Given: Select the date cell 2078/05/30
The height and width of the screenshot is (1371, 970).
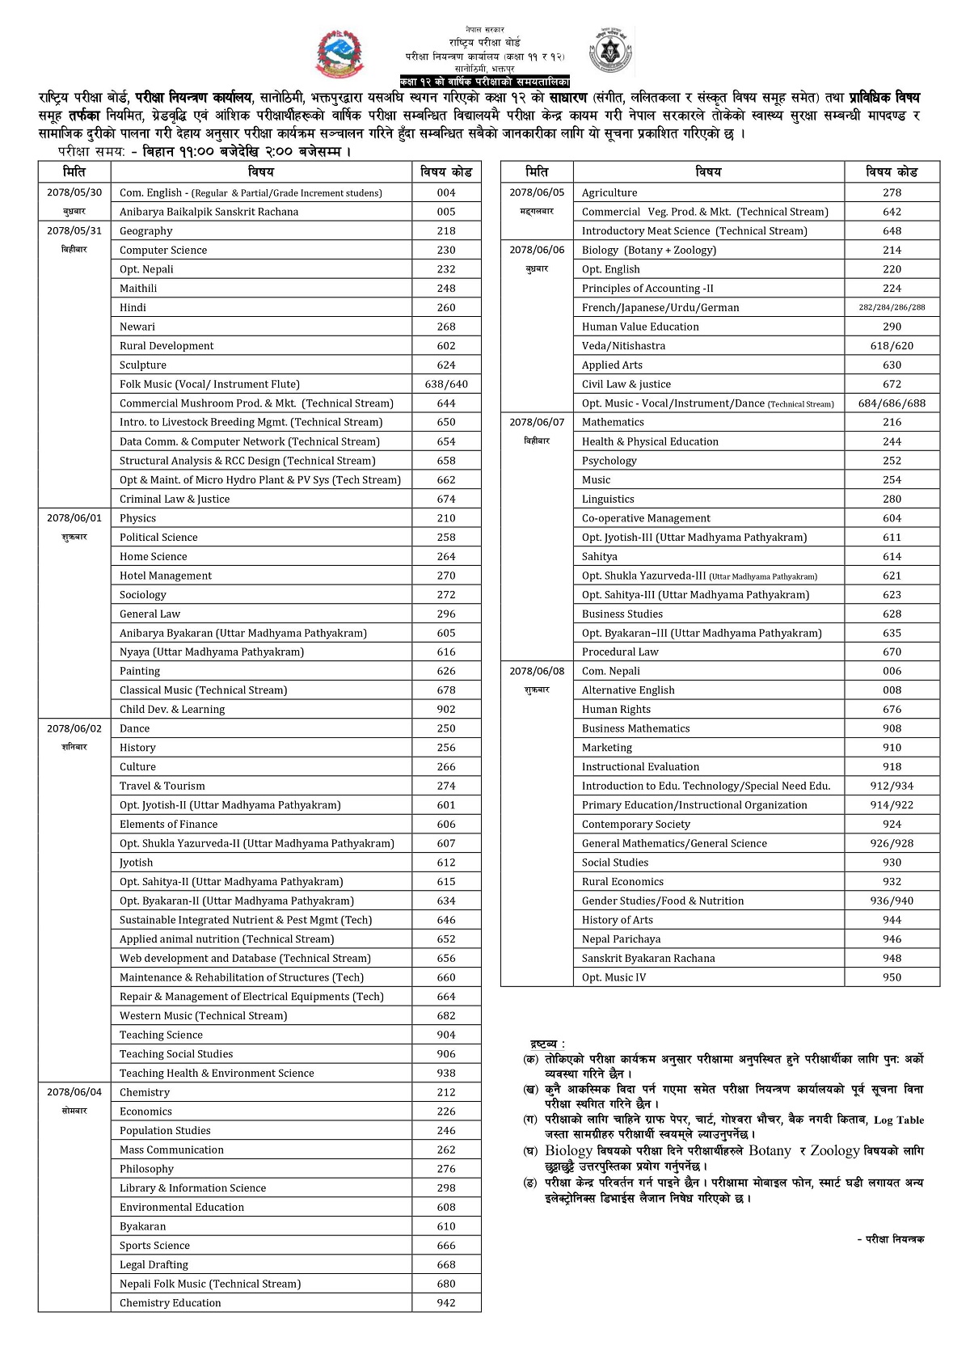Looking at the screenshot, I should [x=74, y=192].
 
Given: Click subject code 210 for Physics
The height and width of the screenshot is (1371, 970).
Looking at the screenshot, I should [x=446, y=518].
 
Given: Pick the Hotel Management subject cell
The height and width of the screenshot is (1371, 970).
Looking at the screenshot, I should [x=166, y=576].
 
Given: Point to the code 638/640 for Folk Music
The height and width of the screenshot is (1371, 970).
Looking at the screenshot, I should [x=446, y=384].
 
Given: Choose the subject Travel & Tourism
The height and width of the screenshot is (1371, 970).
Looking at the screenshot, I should [x=162, y=786].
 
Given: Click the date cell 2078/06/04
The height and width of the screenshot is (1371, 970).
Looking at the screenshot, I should [x=74, y=1092].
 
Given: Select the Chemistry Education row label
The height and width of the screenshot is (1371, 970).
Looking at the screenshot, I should [x=171, y=1302].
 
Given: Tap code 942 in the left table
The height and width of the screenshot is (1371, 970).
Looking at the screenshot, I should [x=446, y=1302].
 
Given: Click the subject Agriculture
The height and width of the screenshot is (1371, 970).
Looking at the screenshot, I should [x=609, y=192].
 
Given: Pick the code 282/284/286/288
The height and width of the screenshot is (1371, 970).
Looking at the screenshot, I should [x=892, y=307].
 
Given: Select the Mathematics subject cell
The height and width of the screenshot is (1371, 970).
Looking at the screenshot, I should [x=613, y=422].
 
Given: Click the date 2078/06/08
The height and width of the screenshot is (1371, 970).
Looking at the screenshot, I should [x=537, y=671].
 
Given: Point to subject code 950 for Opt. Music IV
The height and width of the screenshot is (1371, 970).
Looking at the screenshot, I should [x=892, y=977].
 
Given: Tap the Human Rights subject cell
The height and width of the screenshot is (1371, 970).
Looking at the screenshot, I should [x=616, y=709].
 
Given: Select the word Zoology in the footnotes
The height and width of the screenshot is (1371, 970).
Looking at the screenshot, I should [x=835, y=1150].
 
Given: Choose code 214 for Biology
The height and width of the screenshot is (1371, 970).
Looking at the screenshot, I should [x=892, y=250].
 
